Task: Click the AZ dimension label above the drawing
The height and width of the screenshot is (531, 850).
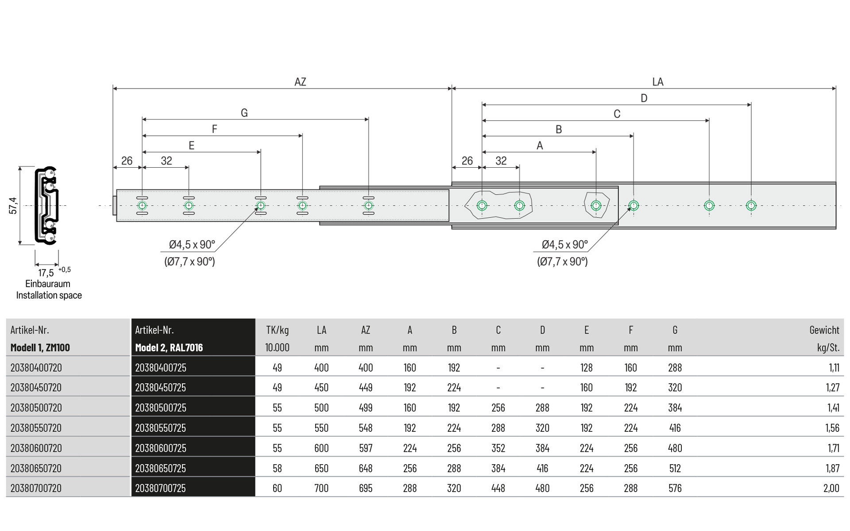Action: click(x=300, y=82)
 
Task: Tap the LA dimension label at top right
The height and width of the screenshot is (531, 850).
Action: click(x=657, y=82)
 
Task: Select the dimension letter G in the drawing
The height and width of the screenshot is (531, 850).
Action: click(x=244, y=113)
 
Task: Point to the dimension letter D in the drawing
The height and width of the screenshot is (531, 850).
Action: click(x=644, y=98)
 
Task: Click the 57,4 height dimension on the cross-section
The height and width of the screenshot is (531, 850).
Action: click(x=13, y=206)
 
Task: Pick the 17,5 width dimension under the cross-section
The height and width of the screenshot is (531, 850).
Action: click(x=46, y=273)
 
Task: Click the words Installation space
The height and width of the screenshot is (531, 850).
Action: click(x=49, y=296)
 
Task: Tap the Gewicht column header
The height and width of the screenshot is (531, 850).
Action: click(x=824, y=330)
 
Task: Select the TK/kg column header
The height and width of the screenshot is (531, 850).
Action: click(x=277, y=330)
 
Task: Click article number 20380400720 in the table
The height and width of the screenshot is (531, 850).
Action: click(x=36, y=368)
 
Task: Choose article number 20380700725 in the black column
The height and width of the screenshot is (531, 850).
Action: click(x=161, y=489)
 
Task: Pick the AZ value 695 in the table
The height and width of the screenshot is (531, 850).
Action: click(x=366, y=489)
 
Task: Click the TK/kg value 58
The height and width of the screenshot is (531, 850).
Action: click(x=277, y=468)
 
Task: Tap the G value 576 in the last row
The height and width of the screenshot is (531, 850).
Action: click(x=675, y=489)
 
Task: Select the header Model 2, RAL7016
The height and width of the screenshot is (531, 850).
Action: click(x=169, y=348)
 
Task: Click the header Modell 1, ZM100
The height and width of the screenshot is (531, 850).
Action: click(x=40, y=348)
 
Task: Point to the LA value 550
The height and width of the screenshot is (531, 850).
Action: click(x=321, y=428)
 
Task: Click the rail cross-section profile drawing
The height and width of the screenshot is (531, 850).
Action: click(x=47, y=206)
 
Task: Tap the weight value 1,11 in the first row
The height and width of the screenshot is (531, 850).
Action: click(x=834, y=368)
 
